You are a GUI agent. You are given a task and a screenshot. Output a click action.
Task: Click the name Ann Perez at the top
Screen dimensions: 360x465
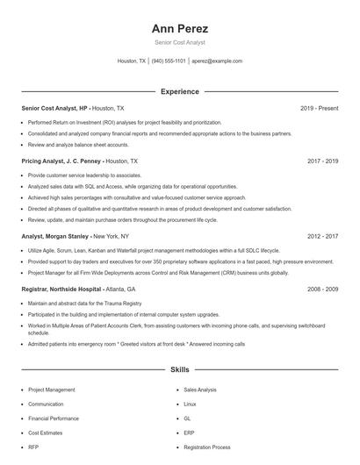pyautogui.click(x=179, y=28)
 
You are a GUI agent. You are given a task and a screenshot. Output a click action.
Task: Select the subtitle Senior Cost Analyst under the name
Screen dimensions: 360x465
pyautogui.click(x=179, y=42)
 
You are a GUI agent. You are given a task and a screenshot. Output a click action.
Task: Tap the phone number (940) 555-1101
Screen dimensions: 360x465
pyautogui.click(x=169, y=61)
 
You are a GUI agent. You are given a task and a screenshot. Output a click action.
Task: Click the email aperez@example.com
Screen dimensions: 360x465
pyautogui.click(x=217, y=61)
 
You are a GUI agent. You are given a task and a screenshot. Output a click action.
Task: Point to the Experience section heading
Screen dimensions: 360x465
pyautogui.click(x=179, y=91)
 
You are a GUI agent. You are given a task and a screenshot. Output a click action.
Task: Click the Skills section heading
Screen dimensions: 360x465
pyautogui.click(x=179, y=370)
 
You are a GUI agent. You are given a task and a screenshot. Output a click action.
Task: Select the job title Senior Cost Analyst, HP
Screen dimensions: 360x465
pyautogui.click(x=54, y=108)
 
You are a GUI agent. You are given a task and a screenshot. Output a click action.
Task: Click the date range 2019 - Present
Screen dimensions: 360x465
pyautogui.click(x=319, y=108)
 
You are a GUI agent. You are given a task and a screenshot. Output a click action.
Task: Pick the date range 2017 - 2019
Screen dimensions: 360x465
pyautogui.click(x=322, y=161)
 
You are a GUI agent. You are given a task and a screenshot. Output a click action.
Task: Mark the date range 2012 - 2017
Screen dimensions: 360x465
pyautogui.click(x=322, y=236)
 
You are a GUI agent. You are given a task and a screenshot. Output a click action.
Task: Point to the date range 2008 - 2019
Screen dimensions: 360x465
pyautogui.click(x=322, y=289)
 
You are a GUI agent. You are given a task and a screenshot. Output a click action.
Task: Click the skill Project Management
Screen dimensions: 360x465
pyautogui.click(x=51, y=390)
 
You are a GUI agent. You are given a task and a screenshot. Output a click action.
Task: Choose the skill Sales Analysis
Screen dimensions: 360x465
pyautogui.click(x=200, y=390)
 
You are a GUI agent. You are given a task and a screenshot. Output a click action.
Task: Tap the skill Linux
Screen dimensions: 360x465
pyautogui.click(x=190, y=404)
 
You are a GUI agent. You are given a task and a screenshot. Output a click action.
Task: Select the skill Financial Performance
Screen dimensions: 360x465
pyautogui.click(x=53, y=418)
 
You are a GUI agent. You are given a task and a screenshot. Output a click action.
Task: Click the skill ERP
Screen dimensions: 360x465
pyautogui.click(x=189, y=433)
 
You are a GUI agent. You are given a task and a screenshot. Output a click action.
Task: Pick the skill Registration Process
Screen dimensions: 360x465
pyautogui.click(x=207, y=447)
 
